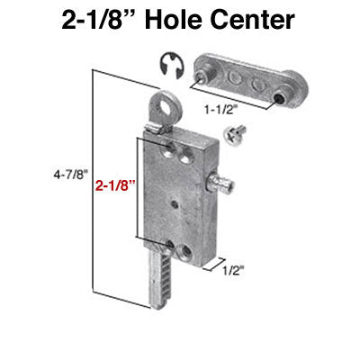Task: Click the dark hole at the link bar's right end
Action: pos(284,95)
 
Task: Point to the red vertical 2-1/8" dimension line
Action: pos(136,189)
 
